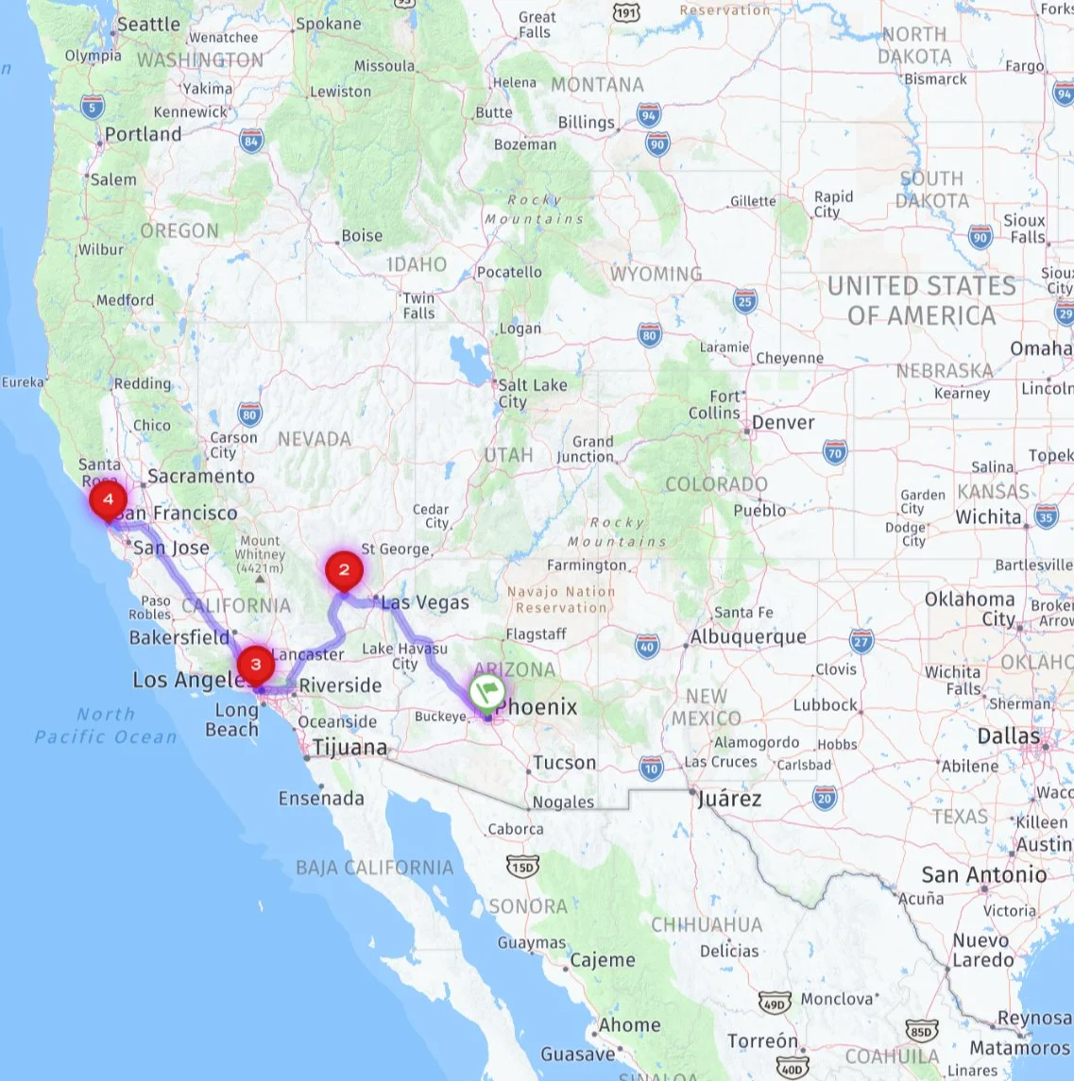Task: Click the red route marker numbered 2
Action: coord(344,570)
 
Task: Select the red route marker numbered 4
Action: coord(109,498)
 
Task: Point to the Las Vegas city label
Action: coord(425,602)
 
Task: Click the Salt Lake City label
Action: coord(533,393)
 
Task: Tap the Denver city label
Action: coord(783,422)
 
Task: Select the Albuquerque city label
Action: coord(748,636)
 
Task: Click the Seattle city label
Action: coord(148,25)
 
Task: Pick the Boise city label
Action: coord(362,235)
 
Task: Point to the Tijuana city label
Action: coord(349,748)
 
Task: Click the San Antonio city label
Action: coord(984,874)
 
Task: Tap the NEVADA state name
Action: coord(314,439)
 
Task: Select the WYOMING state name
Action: coord(656,274)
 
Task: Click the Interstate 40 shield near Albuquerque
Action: coord(646,647)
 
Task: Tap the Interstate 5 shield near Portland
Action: coord(92,107)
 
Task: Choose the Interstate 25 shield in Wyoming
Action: coord(745,301)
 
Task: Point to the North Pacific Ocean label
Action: coord(106,725)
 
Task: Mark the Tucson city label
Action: coord(564,763)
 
